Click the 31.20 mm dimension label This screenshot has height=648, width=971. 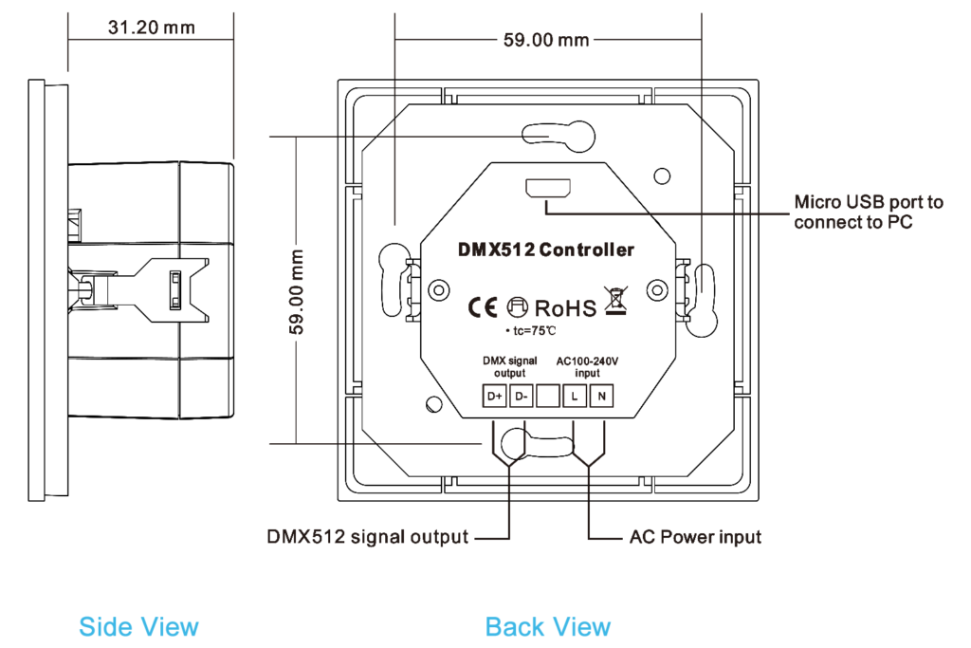151,28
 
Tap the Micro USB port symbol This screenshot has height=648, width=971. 548,188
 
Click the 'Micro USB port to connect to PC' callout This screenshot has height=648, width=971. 868,213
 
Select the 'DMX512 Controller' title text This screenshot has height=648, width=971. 545,250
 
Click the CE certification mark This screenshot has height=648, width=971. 480,307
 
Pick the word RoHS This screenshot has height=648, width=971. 566,308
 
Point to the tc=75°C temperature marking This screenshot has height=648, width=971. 531,330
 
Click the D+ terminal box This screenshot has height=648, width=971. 494,397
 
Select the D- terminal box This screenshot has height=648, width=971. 521,397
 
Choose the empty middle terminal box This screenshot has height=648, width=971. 547,397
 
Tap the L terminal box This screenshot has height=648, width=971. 574,397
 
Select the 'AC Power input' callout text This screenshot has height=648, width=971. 695,538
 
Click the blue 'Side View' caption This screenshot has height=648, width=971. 139,626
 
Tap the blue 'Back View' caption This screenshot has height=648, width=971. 548,626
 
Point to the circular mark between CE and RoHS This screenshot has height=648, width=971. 516,307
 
